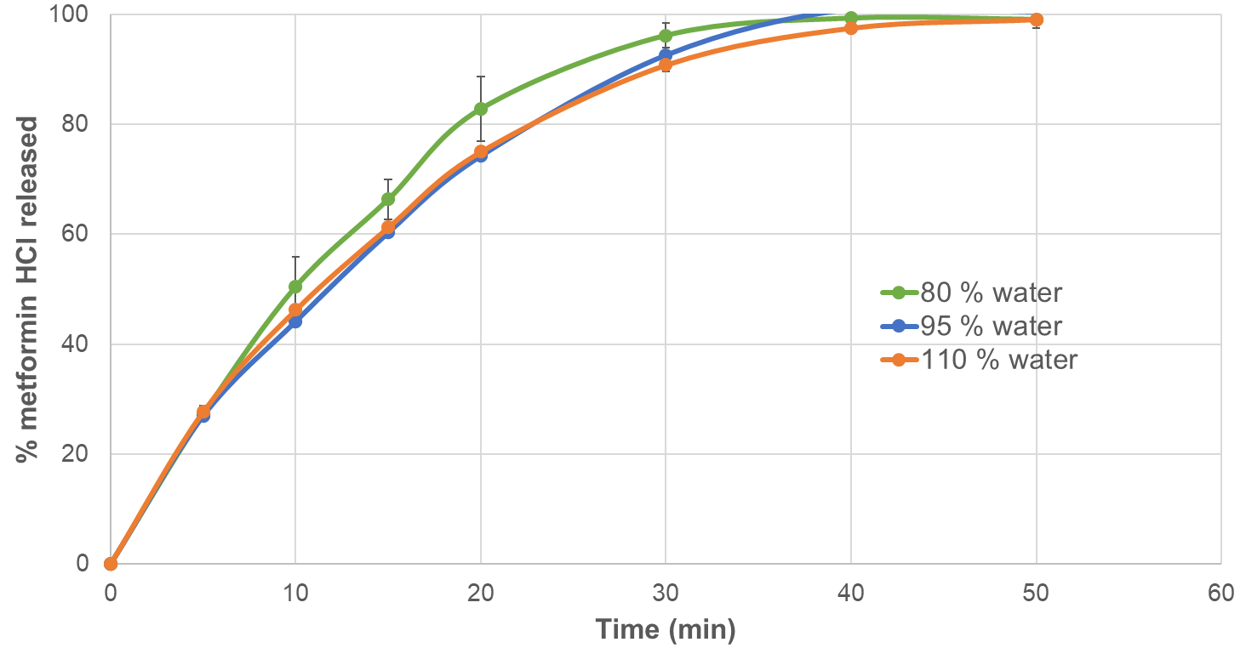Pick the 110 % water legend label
click(x=978, y=360)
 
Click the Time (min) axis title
click(x=665, y=630)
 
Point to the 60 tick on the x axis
click(x=1220, y=593)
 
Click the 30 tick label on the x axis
click(x=665, y=593)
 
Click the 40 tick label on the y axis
click(x=79, y=344)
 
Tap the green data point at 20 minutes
click(x=481, y=109)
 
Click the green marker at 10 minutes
click(x=295, y=287)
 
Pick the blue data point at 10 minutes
click(x=295, y=321)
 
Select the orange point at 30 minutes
click(x=666, y=65)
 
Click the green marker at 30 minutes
click(x=666, y=36)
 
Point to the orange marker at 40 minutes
click(x=850, y=28)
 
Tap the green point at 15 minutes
click(x=388, y=199)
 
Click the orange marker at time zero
click(x=111, y=564)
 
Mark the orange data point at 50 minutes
click(x=1036, y=20)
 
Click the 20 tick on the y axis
click(x=79, y=454)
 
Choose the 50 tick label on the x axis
click(x=1036, y=593)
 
